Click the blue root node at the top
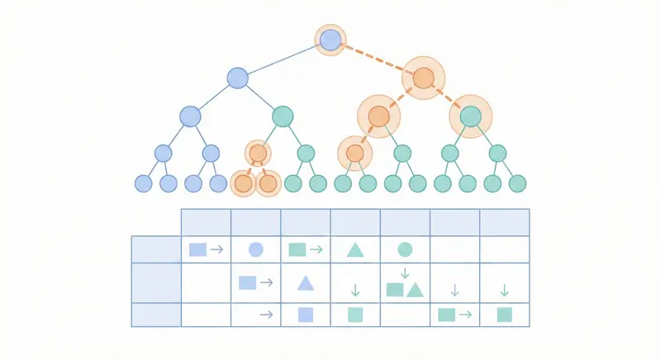pyautogui.click(x=330, y=40)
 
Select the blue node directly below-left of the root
pyautogui.click(x=237, y=78)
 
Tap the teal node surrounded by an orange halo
pyautogui.click(x=470, y=116)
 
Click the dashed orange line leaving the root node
pyautogui.click(x=376, y=59)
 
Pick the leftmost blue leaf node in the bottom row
pyautogui.click(x=144, y=183)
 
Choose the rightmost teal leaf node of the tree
pyautogui.click(x=517, y=183)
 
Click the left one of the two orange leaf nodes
pyautogui.click(x=243, y=183)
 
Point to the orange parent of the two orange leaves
pyautogui.click(x=258, y=153)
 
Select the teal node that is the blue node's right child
pyautogui.click(x=283, y=116)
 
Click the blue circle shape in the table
pyautogui.click(x=256, y=249)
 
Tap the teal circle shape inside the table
pyautogui.click(x=405, y=249)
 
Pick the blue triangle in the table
pyautogui.click(x=305, y=283)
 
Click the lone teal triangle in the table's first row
pyautogui.click(x=355, y=249)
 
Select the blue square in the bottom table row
pyautogui.click(x=305, y=315)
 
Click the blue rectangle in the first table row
pyautogui.click(x=197, y=249)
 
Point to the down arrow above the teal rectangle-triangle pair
pyautogui.click(x=405, y=272)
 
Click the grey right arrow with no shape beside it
pyautogui.click(x=266, y=315)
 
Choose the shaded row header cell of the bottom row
pyautogui.click(x=156, y=315)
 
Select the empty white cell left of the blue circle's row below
pyautogui.click(x=206, y=283)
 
